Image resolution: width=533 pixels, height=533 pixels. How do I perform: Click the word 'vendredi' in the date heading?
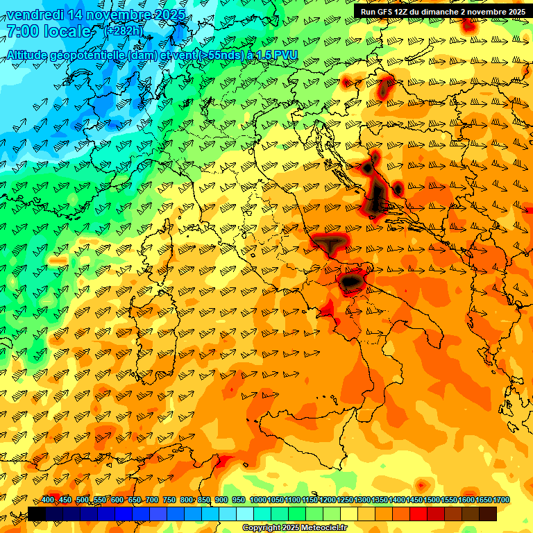point(33,15)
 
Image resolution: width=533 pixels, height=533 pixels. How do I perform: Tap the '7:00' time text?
point(22,31)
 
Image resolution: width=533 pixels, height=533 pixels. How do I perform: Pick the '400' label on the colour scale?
point(48,500)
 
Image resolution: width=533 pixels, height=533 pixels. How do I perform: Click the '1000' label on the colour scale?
point(258,500)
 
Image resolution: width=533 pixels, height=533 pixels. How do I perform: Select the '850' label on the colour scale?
point(204,500)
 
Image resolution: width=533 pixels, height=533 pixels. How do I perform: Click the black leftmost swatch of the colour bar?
point(37,514)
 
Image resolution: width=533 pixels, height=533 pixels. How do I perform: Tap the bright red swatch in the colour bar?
point(418,514)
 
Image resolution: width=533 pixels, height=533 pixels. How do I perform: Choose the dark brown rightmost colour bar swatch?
point(488,514)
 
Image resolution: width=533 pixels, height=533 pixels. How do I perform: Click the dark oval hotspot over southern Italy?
point(351,280)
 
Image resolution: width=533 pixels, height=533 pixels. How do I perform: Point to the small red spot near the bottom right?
point(421,484)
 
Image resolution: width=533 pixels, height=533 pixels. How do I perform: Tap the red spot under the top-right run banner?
point(468,26)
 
